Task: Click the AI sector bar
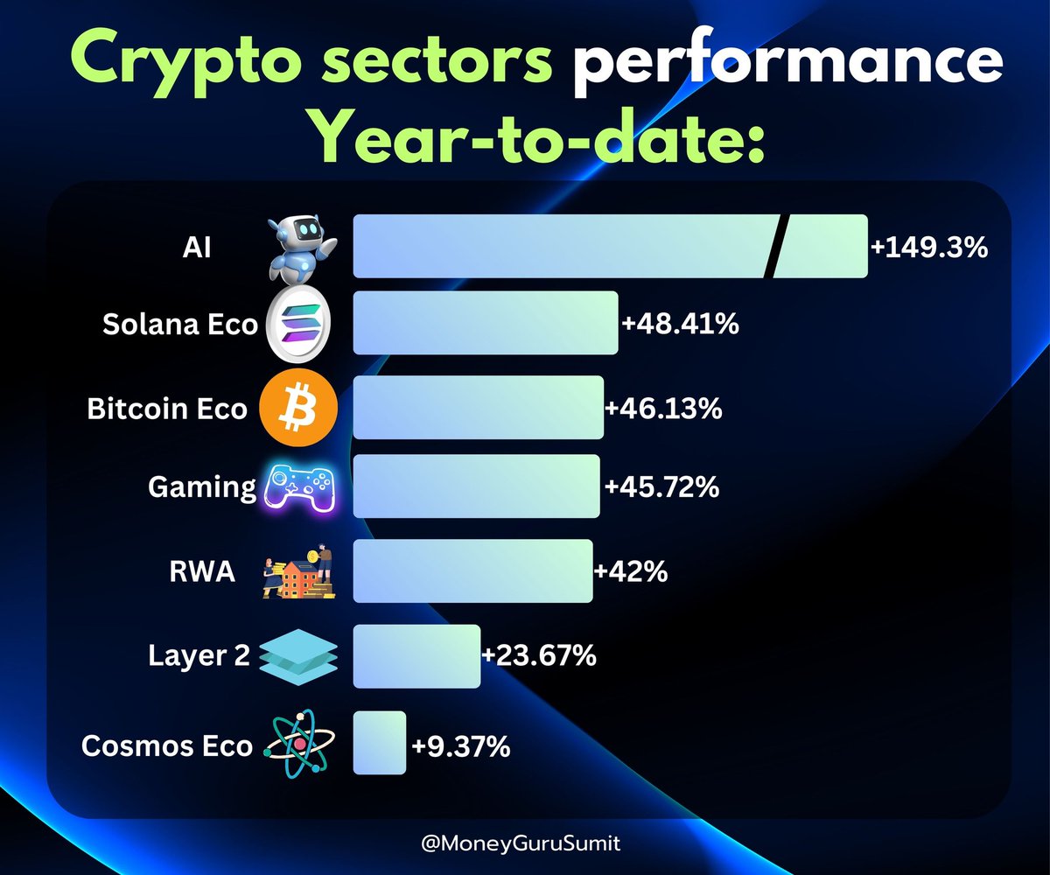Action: coord(560,246)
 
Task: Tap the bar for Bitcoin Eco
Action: coord(478,408)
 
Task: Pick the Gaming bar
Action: coord(476,486)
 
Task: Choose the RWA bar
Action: coord(472,570)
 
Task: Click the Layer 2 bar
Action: coord(416,656)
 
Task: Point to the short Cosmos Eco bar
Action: coord(380,743)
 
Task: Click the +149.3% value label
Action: coord(928,248)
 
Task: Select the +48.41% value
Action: coord(680,325)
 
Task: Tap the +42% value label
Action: coord(631,572)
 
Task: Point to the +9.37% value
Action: coord(460,747)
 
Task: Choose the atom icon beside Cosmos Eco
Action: coord(297,744)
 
